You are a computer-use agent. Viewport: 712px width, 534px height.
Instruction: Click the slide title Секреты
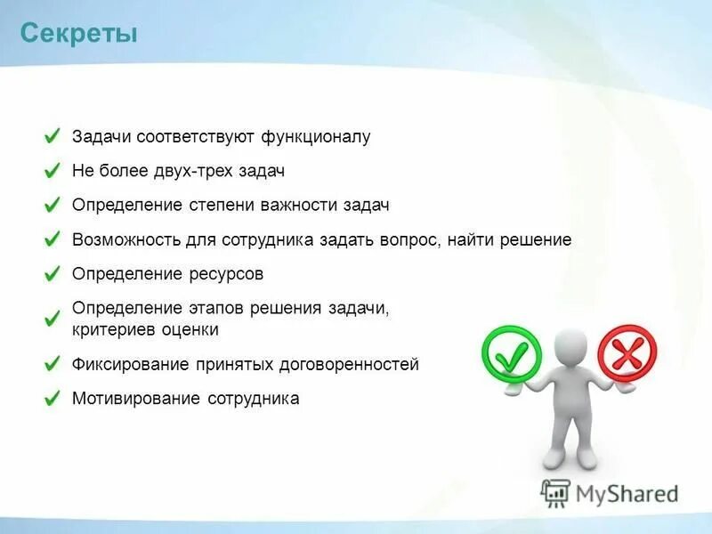pos(78,35)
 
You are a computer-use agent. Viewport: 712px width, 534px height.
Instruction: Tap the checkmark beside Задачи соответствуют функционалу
pos(53,137)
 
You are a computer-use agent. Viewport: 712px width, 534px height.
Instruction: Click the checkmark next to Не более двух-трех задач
pos(53,170)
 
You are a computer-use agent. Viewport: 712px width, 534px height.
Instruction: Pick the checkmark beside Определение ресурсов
pos(53,274)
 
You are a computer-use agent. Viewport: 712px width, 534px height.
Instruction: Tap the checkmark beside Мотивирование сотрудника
pos(53,398)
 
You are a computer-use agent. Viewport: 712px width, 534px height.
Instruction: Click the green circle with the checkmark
pos(511,354)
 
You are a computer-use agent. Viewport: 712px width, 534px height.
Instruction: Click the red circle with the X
pos(627,353)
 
